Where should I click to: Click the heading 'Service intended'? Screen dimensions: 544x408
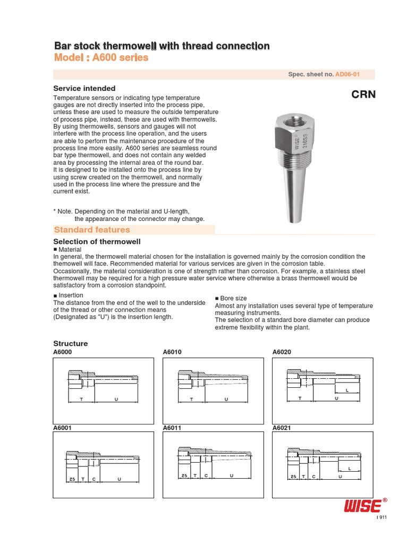pyautogui.click(x=84, y=88)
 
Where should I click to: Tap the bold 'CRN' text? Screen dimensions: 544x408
pyautogui.click(x=363, y=95)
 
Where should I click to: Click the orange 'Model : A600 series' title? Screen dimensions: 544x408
pyautogui.click(x=101, y=58)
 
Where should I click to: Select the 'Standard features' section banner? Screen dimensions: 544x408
pyautogui.click(x=91, y=229)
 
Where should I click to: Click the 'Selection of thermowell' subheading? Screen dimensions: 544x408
pyautogui.click(x=97, y=242)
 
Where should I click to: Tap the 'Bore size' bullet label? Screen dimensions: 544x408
pyautogui.click(x=233, y=299)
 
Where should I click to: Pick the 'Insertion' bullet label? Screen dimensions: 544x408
pyautogui.click(x=70, y=295)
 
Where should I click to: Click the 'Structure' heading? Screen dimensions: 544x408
pyautogui.click(x=71, y=344)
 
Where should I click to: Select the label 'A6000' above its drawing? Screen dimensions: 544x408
pyautogui.click(x=62, y=352)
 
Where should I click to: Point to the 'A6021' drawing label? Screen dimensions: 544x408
pyautogui.click(x=282, y=428)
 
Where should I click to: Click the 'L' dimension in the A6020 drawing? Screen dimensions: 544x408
pyautogui.click(x=347, y=390)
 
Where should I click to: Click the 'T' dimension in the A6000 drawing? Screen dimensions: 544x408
pyautogui.click(x=81, y=398)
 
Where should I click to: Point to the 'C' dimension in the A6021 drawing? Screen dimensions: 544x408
pyautogui.click(x=313, y=477)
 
